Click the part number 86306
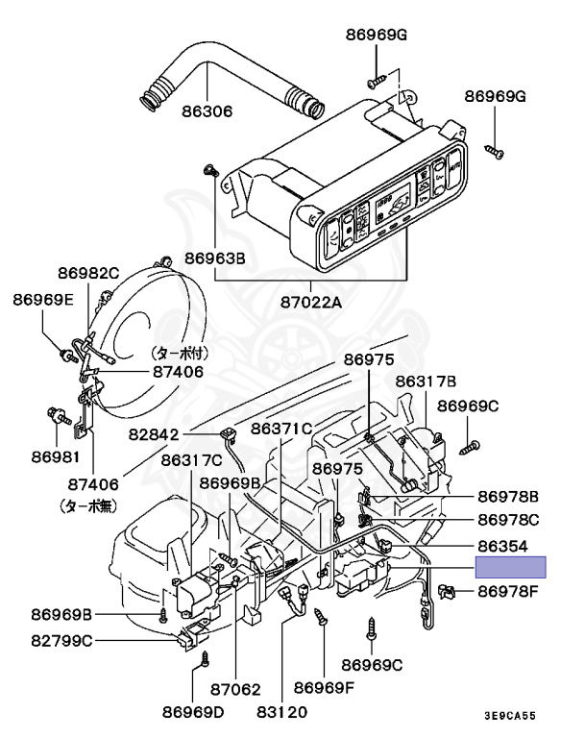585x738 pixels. (207, 111)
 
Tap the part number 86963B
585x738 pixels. (216, 258)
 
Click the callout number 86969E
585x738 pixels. (43, 299)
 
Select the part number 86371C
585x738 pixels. (282, 428)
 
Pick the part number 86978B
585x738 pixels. (508, 497)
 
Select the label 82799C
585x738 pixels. (61, 641)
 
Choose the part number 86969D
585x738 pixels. (192, 712)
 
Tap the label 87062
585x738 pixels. (235, 689)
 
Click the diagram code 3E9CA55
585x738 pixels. (509, 717)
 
